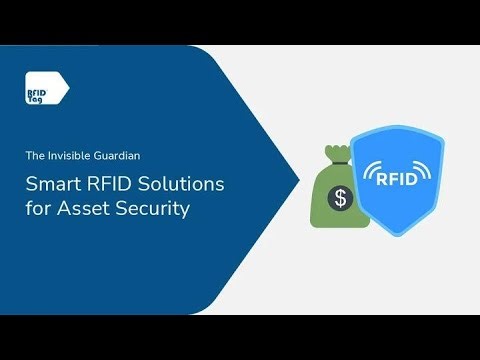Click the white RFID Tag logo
click(x=46, y=88)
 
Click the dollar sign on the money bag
click(x=341, y=198)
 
